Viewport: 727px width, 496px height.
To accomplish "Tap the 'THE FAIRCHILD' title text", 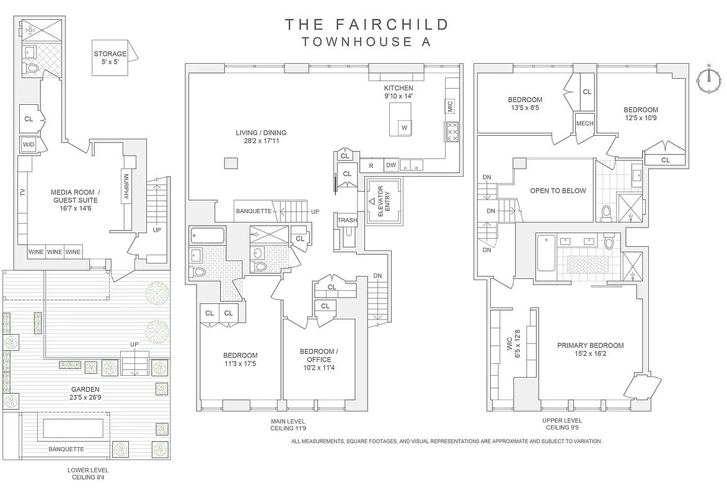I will [x=367, y=25].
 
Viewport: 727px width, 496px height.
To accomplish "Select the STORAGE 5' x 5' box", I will [x=110, y=58].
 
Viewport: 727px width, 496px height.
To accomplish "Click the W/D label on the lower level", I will [x=29, y=144].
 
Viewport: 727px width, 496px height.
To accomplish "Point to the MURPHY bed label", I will [x=126, y=186].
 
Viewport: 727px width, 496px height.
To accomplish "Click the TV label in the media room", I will [x=23, y=192].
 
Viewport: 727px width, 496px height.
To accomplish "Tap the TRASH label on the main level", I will [x=346, y=221].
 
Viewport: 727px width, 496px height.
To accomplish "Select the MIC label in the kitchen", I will [x=449, y=106].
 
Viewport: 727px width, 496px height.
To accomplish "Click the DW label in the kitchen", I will [x=390, y=165].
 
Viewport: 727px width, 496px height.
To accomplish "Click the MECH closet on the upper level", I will [x=584, y=123].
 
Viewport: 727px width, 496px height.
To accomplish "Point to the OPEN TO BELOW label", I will [x=558, y=191].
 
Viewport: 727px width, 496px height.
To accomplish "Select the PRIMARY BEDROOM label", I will [x=590, y=350].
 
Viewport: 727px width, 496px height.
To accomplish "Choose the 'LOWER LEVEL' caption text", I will [x=87, y=470].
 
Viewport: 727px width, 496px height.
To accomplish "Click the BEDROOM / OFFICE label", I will [x=319, y=359].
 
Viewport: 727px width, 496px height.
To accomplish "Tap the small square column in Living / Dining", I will [x=231, y=163].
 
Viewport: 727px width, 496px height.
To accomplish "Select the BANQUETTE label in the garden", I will [x=66, y=449].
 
